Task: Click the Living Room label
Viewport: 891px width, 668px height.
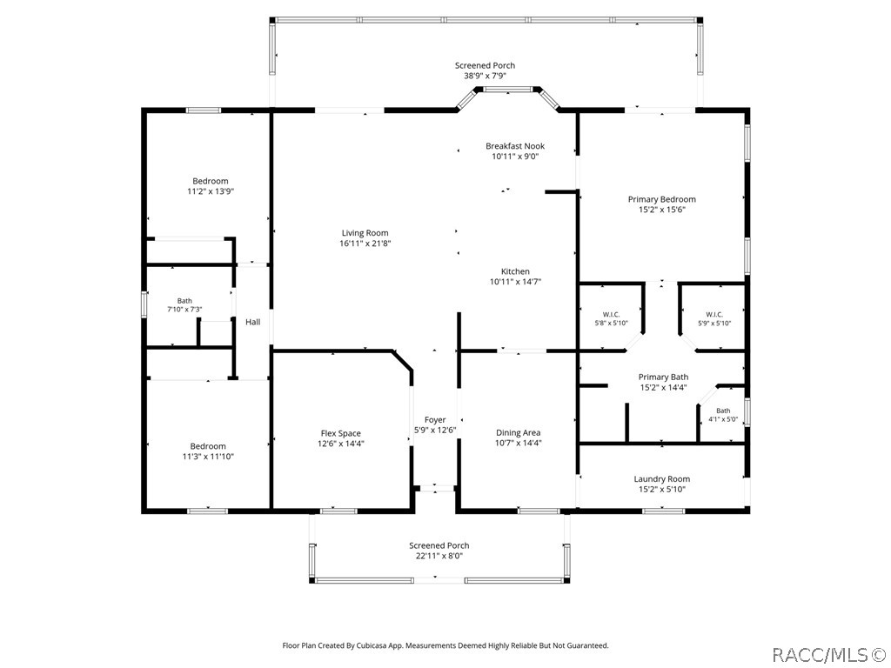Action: click(x=365, y=233)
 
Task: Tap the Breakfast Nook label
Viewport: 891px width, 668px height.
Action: click(x=515, y=146)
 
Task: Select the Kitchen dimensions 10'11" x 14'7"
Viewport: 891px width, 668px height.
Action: click(x=515, y=282)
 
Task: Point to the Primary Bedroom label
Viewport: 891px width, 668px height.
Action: click(x=661, y=199)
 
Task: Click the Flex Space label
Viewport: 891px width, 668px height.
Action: click(x=341, y=433)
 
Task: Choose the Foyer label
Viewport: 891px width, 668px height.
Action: click(x=435, y=420)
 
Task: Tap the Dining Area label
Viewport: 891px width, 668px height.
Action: click(x=519, y=433)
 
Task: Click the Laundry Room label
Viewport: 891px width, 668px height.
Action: click(x=662, y=479)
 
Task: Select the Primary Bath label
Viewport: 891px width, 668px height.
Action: click(x=663, y=377)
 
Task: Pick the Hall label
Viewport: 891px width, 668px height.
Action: click(x=253, y=322)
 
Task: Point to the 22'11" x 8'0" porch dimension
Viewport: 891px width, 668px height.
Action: click(x=439, y=556)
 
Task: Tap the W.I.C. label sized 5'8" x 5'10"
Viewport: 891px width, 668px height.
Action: click(x=611, y=315)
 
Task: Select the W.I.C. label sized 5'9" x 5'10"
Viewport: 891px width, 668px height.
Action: click(x=714, y=315)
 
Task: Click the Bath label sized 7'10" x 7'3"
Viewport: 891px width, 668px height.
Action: click(x=184, y=301)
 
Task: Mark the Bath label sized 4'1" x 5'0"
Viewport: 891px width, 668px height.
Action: click(x=723, y=411)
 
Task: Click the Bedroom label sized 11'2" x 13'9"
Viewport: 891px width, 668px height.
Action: click(x=211, y=181)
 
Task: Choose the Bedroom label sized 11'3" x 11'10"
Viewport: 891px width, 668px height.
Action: click(x=208, y=446)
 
